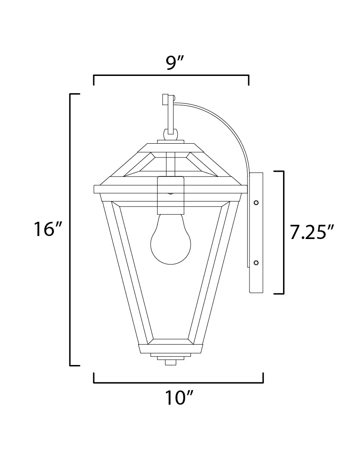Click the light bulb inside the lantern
point(171,241)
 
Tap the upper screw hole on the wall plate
point(256,202)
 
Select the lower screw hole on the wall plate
point(256,262)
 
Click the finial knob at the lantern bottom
point(171,362)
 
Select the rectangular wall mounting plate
point(256,233)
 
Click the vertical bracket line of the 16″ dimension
point(71,229)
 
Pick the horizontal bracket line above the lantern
point(171,76)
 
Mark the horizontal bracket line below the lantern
point(178,382)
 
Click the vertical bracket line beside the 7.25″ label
point(283,233)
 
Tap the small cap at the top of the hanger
point(164,100)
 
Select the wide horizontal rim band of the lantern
point(171,189)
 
